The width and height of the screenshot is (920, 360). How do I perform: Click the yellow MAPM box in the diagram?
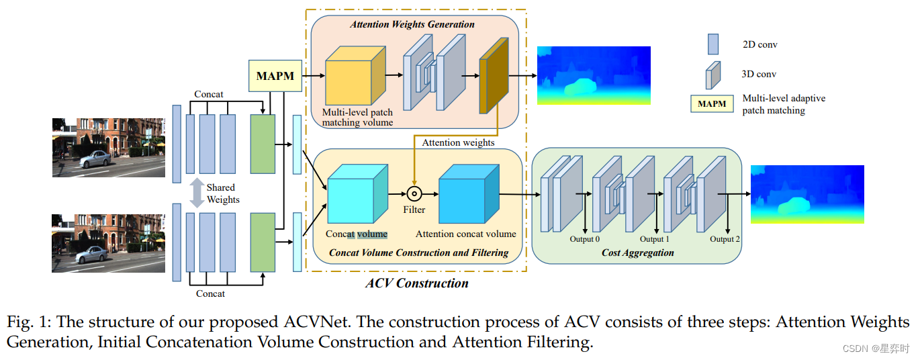point(275,76)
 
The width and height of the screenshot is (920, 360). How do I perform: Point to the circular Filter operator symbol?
point(414,194)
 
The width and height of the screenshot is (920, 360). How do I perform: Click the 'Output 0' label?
point(585,239)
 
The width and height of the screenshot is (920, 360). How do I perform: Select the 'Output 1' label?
point(654,239)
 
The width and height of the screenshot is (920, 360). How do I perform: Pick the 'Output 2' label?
point(725,239)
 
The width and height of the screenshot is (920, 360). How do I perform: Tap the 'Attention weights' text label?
point(458,142)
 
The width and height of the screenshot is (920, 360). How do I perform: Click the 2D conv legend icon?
point(713,44)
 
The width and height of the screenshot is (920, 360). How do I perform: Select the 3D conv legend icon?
point(712,75)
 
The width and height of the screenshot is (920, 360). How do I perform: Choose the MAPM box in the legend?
point(712,104)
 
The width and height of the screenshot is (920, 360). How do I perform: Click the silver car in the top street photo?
point(95,159)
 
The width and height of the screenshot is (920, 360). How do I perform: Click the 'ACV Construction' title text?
point(416,283)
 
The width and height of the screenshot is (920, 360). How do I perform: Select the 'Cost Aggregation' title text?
point(637,253)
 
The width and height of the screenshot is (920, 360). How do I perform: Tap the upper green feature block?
point(263,144)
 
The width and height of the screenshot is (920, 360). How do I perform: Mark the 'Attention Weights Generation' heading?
point(412,24)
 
